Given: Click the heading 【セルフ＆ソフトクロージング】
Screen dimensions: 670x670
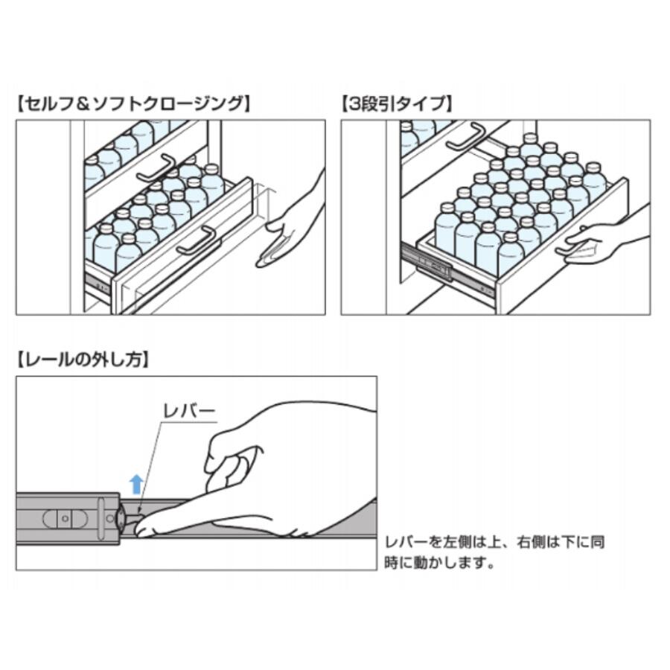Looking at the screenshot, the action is (x=133, y=103).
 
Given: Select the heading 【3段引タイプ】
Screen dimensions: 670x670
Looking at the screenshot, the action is (x=397, y=103).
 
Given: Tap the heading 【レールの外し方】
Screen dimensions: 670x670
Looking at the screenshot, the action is (x=83, y=360).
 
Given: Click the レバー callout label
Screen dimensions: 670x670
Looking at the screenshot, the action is (x=189, y=412).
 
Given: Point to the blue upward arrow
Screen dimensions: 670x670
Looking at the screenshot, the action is (x=136, y=484).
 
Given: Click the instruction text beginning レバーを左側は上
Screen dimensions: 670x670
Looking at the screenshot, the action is (x=494, y=552).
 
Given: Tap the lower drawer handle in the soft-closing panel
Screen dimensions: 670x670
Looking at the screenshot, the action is (x=197, y=240).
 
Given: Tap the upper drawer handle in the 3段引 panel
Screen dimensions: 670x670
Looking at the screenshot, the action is (x=467, y=137).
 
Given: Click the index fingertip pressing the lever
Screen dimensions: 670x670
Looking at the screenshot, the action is (x=141, y=530).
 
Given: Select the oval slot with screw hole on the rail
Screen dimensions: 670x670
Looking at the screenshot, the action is (x=65, y=519).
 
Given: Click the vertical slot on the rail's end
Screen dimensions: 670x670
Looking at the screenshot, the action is (x=101, y=518).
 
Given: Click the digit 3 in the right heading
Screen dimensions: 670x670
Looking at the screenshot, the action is (x=355, y=103).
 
